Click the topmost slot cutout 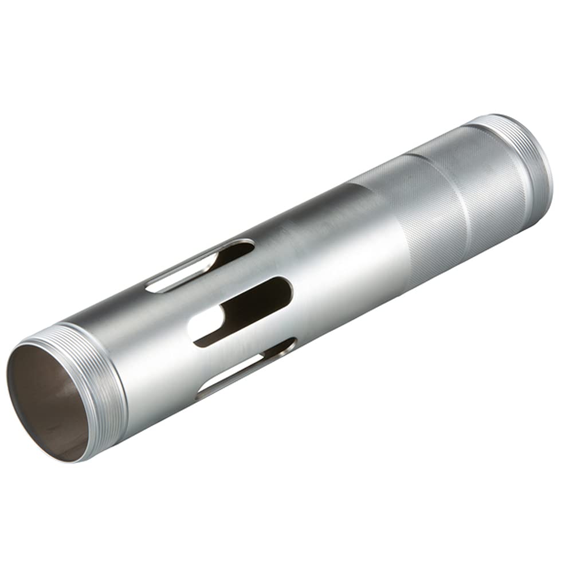201,266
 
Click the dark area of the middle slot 258,304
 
